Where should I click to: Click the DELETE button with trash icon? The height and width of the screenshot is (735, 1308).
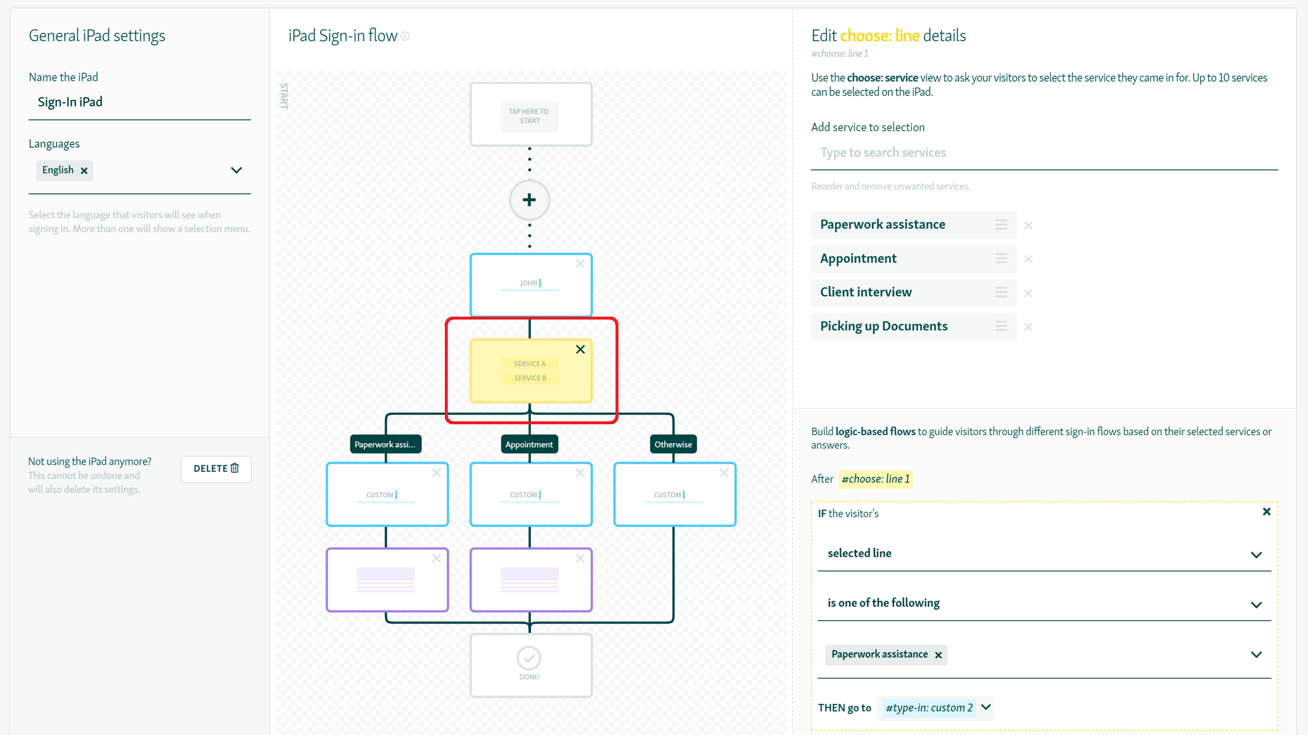click(216, 469)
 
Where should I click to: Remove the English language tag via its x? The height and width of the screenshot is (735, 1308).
click(84, 171)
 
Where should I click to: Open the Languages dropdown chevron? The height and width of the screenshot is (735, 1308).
click(236, 170)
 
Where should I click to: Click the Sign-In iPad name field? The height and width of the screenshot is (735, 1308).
click(139, 102)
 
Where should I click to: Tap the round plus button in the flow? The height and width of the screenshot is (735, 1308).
click(529, 200)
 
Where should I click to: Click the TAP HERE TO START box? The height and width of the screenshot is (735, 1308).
click(530, 116)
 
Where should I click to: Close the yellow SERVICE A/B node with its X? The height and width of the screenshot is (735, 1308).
click(580, 349)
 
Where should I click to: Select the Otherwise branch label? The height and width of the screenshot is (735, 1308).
click(673, 445)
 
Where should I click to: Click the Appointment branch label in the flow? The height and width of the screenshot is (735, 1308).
click(529, 445)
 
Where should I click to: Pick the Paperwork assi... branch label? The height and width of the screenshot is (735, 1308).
click(385, 445)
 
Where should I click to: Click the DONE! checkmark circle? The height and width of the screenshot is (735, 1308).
click(529, 658)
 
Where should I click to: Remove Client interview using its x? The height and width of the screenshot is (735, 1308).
click(1029, 293)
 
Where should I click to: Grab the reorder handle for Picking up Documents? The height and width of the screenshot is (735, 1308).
click(1001, 326)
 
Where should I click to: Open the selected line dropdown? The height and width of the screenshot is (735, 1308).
click(1044, 554)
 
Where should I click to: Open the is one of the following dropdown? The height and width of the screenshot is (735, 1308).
click(1044, 603)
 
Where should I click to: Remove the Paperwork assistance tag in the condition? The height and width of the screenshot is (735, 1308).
click(939, 655)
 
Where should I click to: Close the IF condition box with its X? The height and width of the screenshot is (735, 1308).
click(1266, 512)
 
